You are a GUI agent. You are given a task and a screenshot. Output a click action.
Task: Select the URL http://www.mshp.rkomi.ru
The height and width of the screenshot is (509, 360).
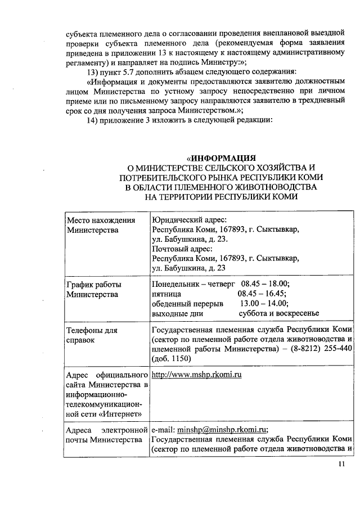[197, 374]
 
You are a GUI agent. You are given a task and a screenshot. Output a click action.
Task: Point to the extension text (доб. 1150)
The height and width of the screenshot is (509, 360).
[171, 358]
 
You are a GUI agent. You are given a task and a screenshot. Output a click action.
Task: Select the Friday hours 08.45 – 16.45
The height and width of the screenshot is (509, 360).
[262, 294]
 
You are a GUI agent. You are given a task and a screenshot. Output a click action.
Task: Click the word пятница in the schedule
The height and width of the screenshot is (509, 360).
[166, 294]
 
